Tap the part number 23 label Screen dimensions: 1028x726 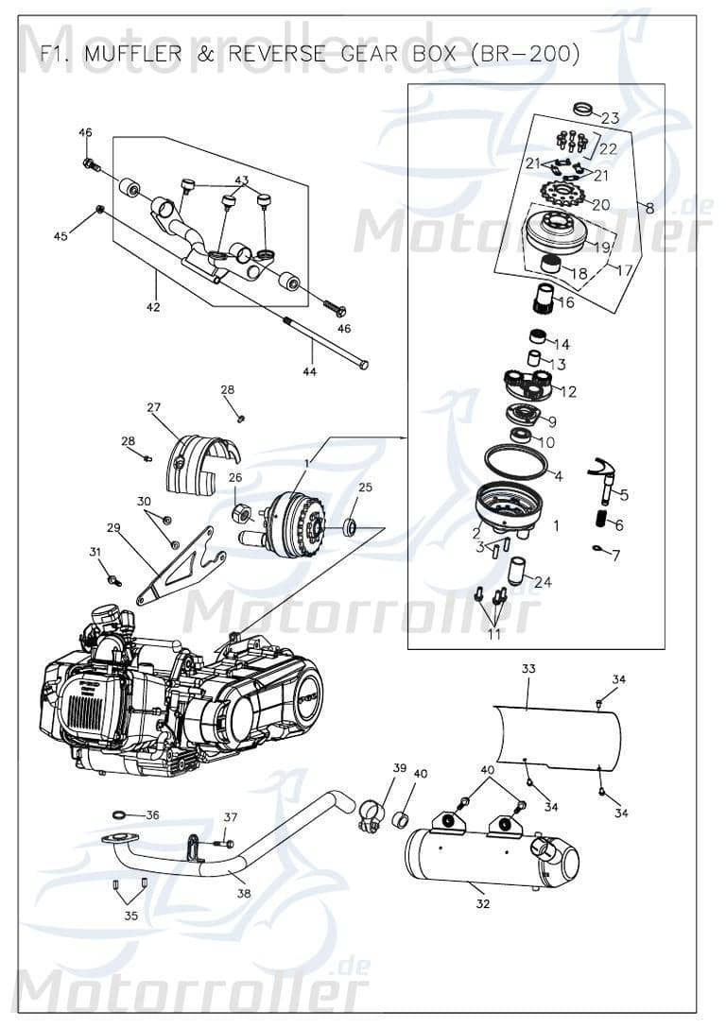[x=610, y=118]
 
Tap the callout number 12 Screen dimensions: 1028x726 [x=568, y=391]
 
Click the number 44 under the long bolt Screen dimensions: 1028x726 [x=310, y=371]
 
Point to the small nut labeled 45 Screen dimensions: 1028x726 [x=99, y=209]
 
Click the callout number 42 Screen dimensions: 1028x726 [x=153, y=306]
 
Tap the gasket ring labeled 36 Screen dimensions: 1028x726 [x=121, y=814]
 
